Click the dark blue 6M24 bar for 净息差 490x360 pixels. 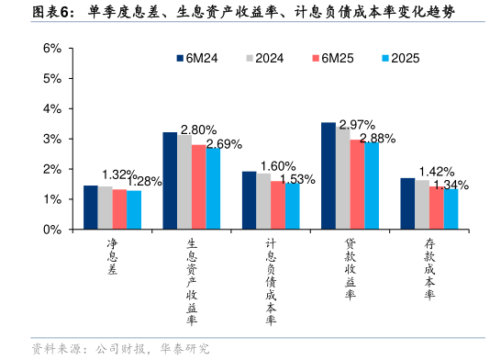pos(91,207)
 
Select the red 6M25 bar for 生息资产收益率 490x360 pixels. pos(199,186)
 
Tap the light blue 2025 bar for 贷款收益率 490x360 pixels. pos(372,186)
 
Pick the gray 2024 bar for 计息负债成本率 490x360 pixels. pos(263,201)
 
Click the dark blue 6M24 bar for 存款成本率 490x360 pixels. pos(407,203)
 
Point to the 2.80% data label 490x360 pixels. pos(199,129)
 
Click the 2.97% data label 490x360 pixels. pos(357,125)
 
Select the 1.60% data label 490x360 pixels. pos(278,166)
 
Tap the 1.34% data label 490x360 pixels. pos(451,185)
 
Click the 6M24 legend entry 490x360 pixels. pos(197,58)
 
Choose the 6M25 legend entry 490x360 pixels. pos(333,58)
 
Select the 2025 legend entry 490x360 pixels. pos(401,58)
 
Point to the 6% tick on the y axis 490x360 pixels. pos(52,48)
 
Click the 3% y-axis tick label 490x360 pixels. pos(52,139)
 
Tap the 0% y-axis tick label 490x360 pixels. pos(52,230)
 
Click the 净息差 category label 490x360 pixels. pos(113,257)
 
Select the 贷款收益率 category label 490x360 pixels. pos(351,269)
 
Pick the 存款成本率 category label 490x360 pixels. pos(429,269)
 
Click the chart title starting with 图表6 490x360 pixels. pos(243,12)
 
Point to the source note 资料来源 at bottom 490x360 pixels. pos(120,349)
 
